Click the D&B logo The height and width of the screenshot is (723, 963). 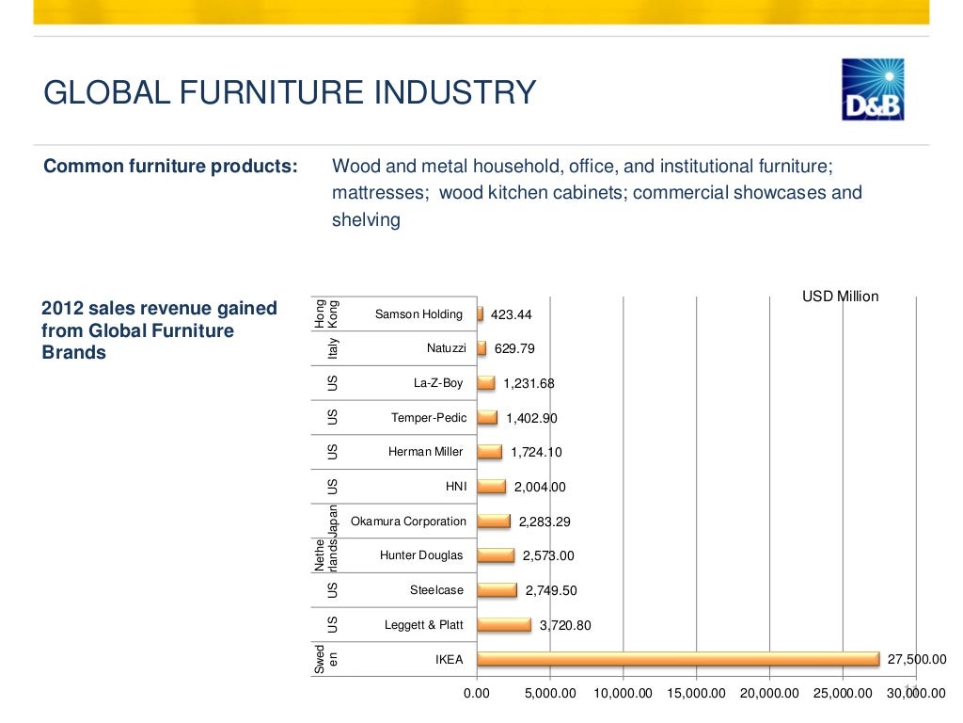click(873, 89)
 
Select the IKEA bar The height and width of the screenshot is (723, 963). click(678, 659)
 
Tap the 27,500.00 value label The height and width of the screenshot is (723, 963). click(917, 659)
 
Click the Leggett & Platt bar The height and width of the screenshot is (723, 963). click(504, 624)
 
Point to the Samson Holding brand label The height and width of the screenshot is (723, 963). click(418, 314)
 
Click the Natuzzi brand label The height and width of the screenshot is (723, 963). click(446, 348)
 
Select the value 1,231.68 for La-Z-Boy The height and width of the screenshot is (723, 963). click(529, 383)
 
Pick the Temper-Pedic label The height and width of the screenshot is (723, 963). click(429, 418)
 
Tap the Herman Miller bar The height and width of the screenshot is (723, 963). click(490, 452)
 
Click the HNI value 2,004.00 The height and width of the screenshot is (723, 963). click(539, 487)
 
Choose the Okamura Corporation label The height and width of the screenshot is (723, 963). click(408, 522)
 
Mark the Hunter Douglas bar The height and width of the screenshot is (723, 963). click(496, 555)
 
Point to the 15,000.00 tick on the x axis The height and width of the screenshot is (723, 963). click(697, 694)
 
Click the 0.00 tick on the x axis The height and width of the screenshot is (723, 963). click(477, 694)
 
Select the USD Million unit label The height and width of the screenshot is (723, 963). click(840, 297)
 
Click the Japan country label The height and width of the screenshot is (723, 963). click(332, 520)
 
